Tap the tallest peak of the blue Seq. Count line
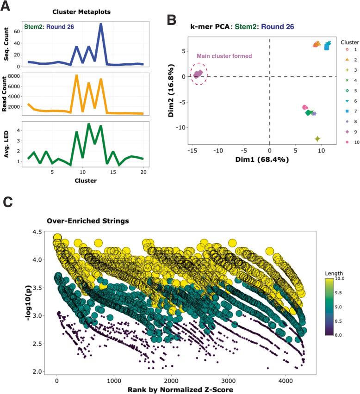[100, 24]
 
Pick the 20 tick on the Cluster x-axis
[143, 172]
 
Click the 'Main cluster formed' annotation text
[217, 56]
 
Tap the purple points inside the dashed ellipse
[199, 74]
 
